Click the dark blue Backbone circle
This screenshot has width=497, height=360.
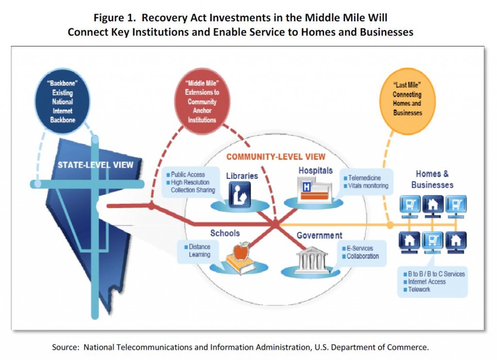pos(63,101)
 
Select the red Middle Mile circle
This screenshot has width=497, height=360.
pos(202,101)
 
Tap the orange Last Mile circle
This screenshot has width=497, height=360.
pos(407,101)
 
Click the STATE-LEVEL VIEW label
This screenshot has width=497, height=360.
pos(96,165)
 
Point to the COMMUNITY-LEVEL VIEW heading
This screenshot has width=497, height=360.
pos(276,157)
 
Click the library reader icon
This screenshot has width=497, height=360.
pos(240,195)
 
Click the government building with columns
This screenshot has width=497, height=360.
pos(312,260)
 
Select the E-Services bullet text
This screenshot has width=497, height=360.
pos(358,248)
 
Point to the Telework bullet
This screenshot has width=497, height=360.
pos(417,289)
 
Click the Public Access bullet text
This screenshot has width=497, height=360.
pos(186,175)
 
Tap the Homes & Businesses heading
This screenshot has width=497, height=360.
pos(432,179)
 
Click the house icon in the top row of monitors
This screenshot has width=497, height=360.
pos(432,205)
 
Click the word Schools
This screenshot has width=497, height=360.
pos(225,233)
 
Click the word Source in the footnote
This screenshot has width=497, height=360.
pos(66,347)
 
